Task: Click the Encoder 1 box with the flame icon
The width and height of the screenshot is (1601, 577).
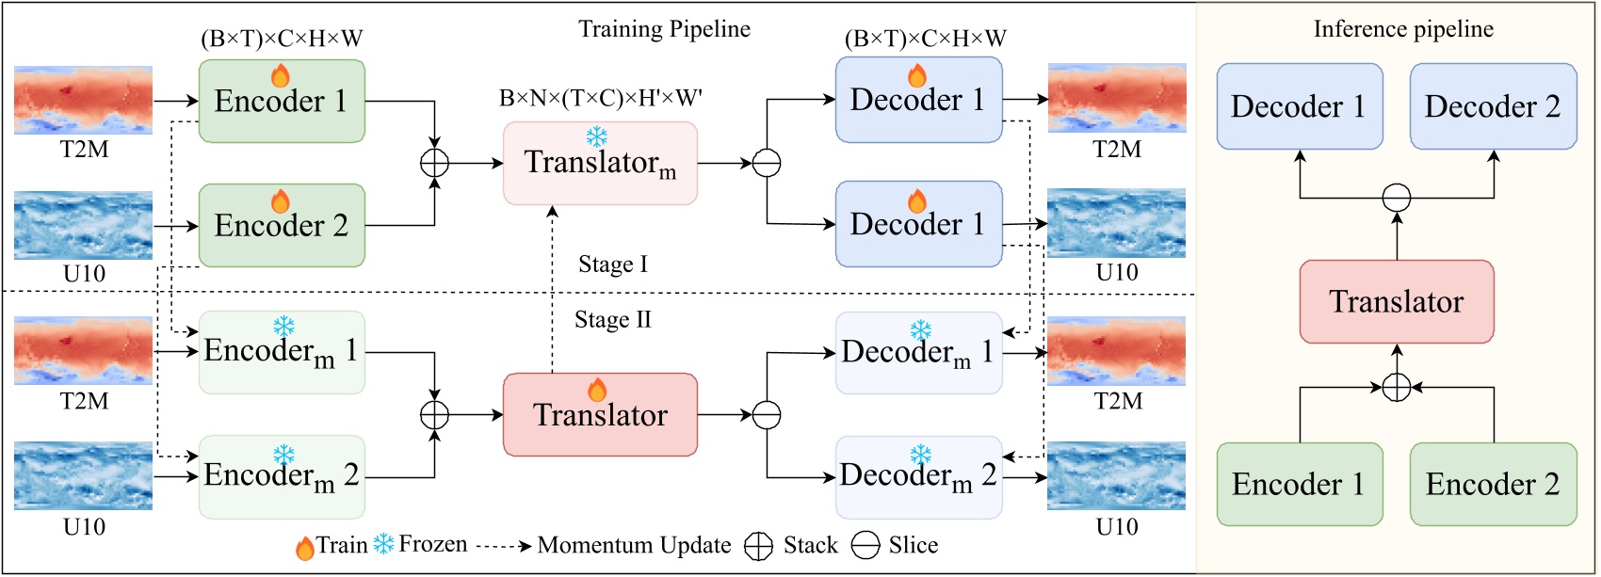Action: click(282, 101)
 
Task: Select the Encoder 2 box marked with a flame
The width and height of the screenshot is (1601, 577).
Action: click(282, 225)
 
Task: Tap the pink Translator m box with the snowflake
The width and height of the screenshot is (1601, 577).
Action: click(600, 163)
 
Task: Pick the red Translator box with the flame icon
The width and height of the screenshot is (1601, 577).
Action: click(600, 414)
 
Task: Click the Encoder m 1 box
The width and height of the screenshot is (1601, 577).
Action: click(282, 352)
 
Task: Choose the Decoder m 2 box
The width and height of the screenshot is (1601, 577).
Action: click(918, 476)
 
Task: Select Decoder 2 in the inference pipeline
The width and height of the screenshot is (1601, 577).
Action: click(1493, 106)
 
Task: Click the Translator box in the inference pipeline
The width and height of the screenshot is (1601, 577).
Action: click(1396, 301)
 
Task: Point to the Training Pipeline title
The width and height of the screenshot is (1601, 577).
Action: click(664, 29)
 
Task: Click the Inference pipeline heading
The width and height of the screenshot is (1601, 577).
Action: click(1403, 29)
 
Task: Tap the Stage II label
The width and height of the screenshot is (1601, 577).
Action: click(612, 320)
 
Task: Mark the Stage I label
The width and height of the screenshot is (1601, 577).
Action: click(612, 264)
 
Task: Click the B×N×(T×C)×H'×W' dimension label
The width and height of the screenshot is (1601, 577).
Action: click(600, 98)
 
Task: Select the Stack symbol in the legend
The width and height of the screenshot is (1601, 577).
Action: click(758, 546)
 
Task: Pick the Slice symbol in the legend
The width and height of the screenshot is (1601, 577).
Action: click(865, 546)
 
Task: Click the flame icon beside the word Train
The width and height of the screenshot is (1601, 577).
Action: click(304, 548)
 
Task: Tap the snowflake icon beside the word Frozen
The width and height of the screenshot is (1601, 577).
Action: click(383, 544)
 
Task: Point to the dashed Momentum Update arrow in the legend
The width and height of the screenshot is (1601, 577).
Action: click(503, 546)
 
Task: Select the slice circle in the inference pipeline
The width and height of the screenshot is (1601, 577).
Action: click(1396, 198)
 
